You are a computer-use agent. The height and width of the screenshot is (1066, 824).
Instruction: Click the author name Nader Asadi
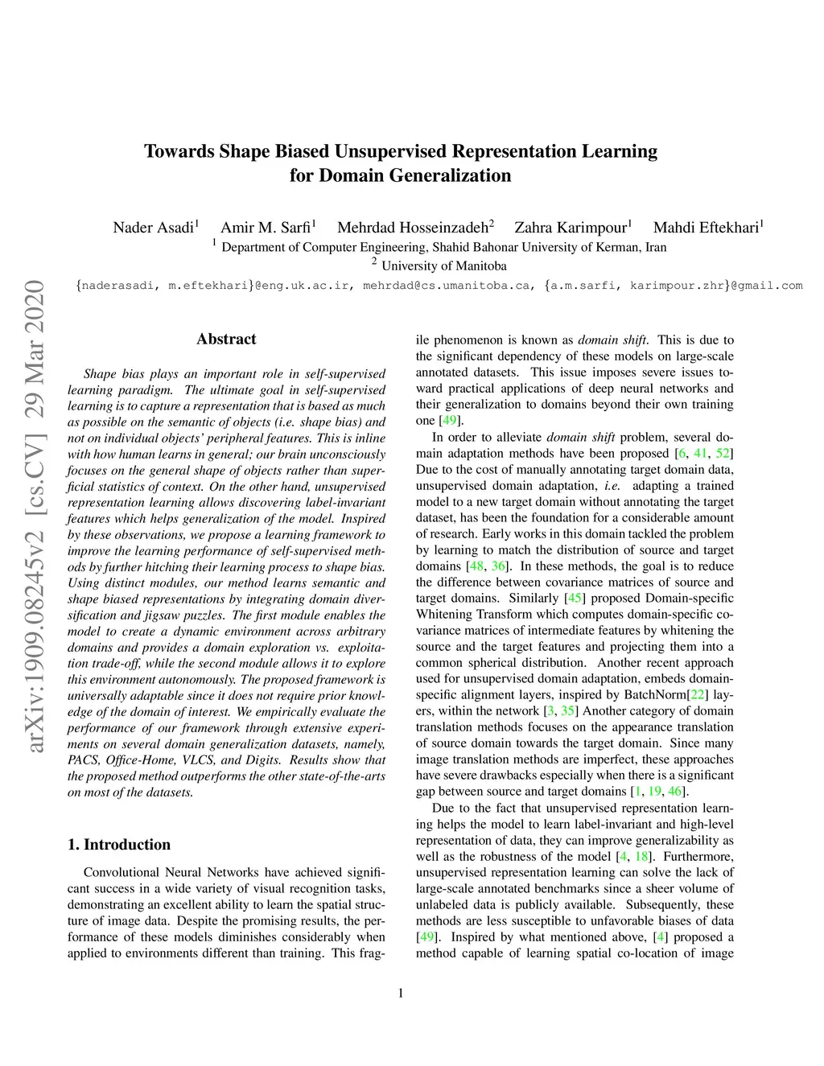tap(153, 228)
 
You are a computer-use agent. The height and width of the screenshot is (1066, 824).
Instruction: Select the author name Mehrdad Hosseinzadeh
tap(412, 228)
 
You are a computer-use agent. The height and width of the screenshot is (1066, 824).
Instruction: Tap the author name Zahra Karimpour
tap(571, 228)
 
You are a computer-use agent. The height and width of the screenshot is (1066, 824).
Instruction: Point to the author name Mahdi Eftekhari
tap(706, 228)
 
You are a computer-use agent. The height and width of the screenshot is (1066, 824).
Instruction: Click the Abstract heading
tap(226, 340)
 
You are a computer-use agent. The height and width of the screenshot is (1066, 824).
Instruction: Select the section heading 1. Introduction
tap(119, 845)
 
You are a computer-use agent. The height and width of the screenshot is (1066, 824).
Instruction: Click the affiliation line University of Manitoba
tap(443, 266)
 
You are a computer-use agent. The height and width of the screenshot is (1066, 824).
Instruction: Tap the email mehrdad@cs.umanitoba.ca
tap(447, 286)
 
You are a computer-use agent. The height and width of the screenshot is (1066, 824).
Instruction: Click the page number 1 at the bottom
tap(401, 993)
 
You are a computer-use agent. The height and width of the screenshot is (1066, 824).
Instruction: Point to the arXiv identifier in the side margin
tap(34, 515)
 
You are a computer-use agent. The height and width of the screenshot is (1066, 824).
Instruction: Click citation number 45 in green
tap(575, 599)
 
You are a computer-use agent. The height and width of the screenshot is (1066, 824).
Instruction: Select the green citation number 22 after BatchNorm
tap(698, 695)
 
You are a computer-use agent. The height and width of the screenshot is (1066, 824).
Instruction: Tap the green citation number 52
tap(723, 454)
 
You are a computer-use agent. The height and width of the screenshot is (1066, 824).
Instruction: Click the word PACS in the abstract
tap(83, 760)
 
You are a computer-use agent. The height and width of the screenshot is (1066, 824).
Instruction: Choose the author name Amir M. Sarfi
tap(266, 228)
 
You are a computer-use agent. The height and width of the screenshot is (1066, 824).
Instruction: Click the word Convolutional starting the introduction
tap(121, 873)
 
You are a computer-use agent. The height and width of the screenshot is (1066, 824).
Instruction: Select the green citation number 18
tap(642, 857)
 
